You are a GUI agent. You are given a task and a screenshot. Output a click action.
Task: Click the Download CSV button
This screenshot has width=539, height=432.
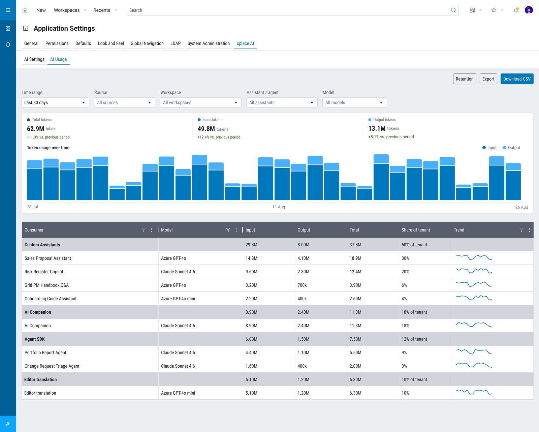[x=517, y=79]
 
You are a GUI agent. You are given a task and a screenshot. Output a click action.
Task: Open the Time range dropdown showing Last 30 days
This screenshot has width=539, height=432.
[x=55, y=102]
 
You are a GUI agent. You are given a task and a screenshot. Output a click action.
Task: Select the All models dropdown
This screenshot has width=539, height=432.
[x=354, y=102]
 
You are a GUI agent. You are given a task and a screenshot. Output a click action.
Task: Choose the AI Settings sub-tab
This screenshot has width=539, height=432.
[x=34, y=59]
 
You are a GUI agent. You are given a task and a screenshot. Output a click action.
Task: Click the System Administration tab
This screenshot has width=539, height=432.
[x=209, y=43]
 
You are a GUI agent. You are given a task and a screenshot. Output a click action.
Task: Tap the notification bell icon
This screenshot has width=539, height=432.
[x=516, y=10]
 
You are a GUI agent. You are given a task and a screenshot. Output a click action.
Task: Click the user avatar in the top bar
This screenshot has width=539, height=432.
[x=529, y=10]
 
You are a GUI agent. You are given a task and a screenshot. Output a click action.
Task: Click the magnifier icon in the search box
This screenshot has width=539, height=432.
[x=453, y=10]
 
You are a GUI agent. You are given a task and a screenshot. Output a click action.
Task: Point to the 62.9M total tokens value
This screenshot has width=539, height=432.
[x=36, y=129]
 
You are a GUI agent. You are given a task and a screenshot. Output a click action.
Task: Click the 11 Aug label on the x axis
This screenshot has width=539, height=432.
[x=279, y=207]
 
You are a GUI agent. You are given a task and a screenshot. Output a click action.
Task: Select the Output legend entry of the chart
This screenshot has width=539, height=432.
[x=511, y=148]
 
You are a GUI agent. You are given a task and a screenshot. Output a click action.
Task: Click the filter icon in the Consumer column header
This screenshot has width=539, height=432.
[x=144, y=230]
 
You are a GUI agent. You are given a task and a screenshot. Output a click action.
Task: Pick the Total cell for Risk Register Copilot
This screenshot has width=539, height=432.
[x=355, y=272]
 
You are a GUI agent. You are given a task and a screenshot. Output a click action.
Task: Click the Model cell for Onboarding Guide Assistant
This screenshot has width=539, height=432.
[x=178, y=299]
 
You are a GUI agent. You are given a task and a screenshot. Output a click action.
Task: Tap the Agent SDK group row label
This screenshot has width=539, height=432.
[x=35, y=339]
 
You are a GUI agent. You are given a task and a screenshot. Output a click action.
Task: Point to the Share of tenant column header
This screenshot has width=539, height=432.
[x=415, y=230]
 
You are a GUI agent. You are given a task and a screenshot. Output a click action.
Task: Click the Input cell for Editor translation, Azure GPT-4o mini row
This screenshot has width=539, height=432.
[x=251, y=393]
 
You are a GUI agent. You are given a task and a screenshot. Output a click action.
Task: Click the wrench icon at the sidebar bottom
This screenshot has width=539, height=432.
[x=8, y=424]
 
